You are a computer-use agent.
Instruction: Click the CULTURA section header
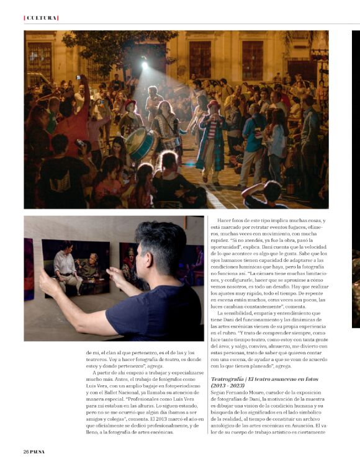tap(41, 17)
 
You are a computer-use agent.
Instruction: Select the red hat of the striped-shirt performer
tap(214, 104)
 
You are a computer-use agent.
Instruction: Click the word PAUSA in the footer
tap(38, 451)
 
